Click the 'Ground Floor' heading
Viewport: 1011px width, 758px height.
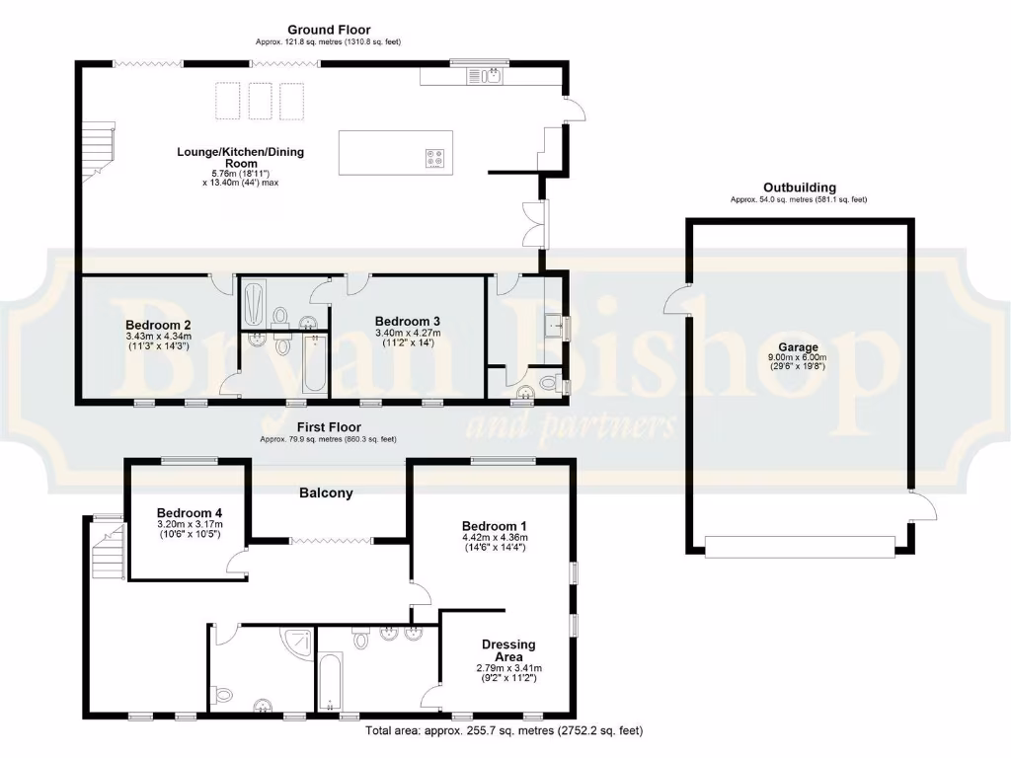point(329,31)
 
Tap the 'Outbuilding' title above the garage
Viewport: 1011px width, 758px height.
point(799,188)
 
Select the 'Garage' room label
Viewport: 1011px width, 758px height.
point(799,347)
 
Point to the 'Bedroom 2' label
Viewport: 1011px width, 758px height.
point(158,325)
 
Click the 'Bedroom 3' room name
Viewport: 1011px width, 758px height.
point(408,321)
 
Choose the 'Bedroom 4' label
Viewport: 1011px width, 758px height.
point(190,513)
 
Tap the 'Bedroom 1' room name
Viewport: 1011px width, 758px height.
point(496,526)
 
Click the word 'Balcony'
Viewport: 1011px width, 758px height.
point(326,493)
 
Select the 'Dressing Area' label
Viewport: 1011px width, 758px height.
point(508,650)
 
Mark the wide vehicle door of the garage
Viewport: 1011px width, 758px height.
point(800,547)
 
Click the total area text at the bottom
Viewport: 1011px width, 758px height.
point(504,731)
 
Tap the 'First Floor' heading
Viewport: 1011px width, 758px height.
point(329,427)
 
